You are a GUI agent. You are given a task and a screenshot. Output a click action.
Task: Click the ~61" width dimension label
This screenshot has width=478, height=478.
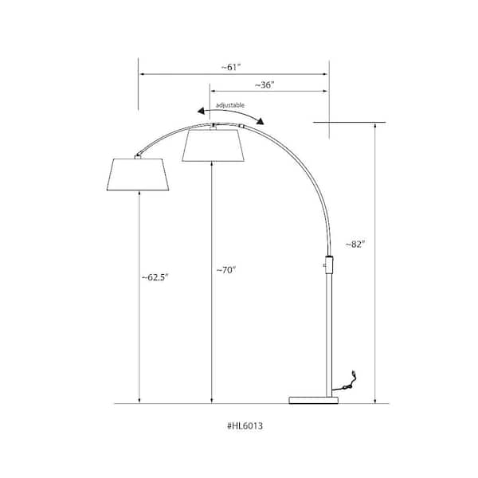[233, 67]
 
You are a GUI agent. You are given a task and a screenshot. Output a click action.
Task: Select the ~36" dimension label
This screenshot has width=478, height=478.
[264, 84]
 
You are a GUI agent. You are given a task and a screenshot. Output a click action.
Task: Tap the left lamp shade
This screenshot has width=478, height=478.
[139, 175]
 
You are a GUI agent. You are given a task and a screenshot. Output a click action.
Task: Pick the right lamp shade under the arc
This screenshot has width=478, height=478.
[214, 144]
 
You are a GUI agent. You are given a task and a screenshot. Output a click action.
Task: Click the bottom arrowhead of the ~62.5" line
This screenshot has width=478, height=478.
[139, 401]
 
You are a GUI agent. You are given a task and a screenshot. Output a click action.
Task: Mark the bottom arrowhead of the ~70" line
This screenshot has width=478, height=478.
[212, 401]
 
